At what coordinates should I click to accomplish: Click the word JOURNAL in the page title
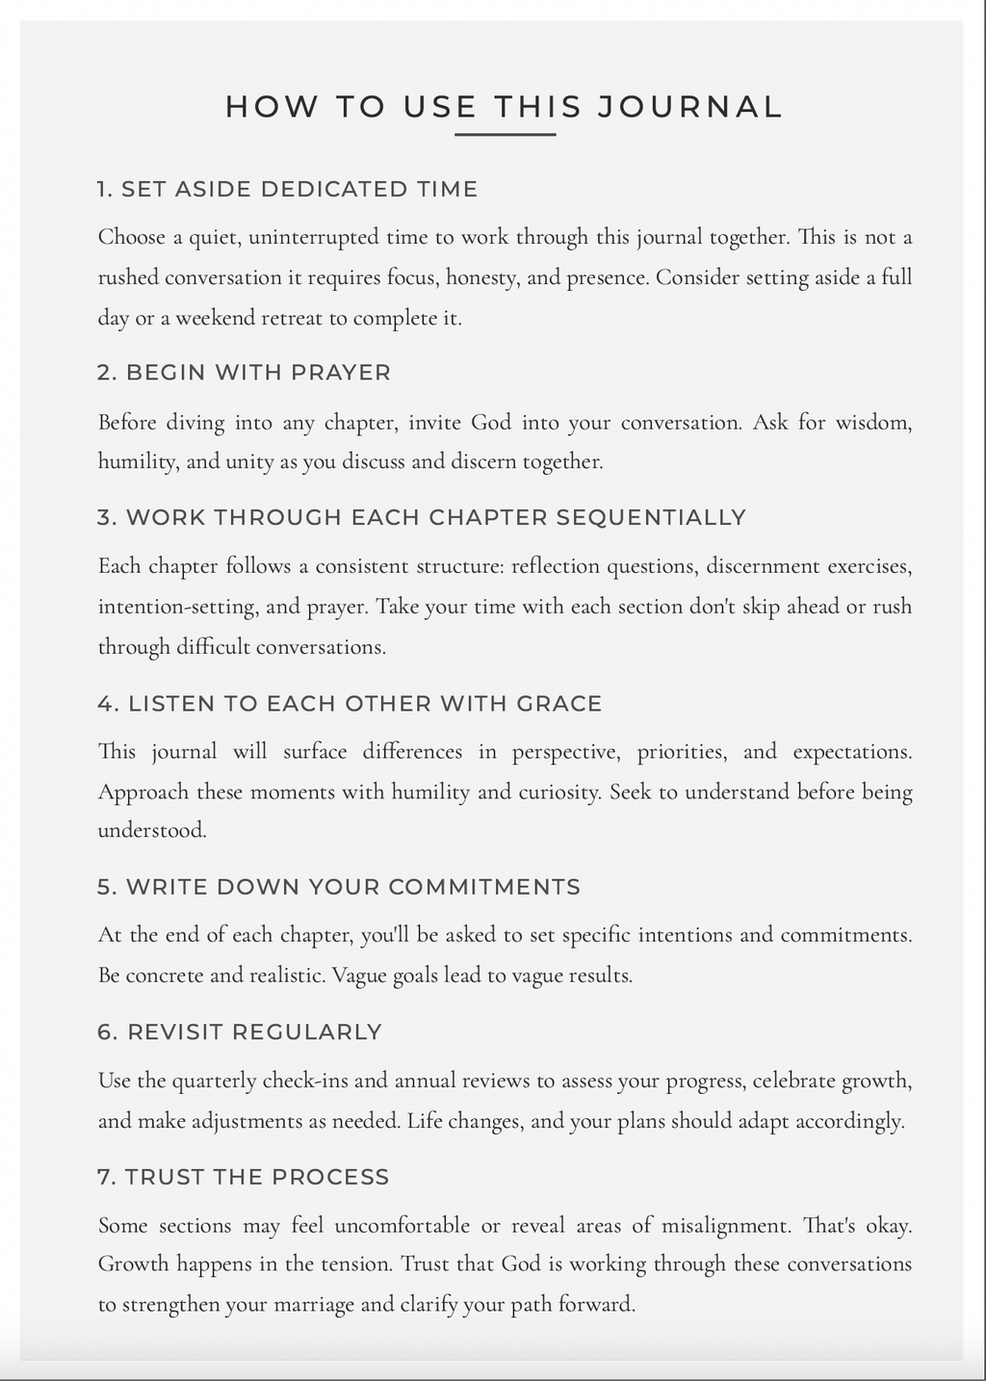(x=689, y=107)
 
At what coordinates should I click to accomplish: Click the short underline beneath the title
(x=505, y=135)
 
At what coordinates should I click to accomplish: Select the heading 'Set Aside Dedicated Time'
(x=287, y=189)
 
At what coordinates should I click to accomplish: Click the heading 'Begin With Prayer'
(x=244, y=373)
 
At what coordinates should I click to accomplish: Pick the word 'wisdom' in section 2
(x=872, y=422)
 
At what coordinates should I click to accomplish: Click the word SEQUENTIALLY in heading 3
(x=651, y=518)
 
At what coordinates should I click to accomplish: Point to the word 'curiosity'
(x=558, y=793)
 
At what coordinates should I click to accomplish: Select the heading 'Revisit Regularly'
(x=240, y=1032)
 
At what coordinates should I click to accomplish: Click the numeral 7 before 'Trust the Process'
(x=103, y=1177)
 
